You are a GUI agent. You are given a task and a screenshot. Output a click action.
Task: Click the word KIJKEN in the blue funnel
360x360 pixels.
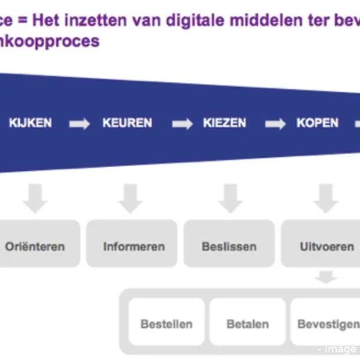point(30,123)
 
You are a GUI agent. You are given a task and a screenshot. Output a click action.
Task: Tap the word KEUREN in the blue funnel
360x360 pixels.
point(127,123)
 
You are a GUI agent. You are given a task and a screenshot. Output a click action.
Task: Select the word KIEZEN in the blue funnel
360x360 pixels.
point(225,123)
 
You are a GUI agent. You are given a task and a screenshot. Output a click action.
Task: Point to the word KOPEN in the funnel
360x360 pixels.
point(318,123)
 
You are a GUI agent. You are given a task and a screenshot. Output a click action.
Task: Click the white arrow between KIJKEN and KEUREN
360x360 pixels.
point(79,124)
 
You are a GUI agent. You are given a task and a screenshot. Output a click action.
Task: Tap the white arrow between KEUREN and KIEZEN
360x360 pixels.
point(182,124)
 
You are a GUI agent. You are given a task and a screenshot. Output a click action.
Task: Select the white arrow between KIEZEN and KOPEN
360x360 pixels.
point(275,124)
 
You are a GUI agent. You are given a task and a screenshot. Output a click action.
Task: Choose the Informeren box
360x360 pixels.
point(132,246)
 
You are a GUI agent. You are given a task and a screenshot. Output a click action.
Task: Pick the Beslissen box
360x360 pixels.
point(229,246)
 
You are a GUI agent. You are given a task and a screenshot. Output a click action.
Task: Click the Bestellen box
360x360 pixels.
point(167,323)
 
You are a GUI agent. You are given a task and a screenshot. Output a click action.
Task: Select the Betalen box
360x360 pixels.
point(247,323)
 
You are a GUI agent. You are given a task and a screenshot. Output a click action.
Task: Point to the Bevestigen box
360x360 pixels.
point(326,323)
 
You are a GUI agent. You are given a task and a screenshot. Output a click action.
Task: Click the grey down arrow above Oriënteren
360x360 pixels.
point(35,198)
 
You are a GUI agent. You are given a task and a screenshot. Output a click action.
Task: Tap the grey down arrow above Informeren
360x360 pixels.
point(130,198)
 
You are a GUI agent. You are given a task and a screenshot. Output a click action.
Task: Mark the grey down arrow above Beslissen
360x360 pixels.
point(231,198)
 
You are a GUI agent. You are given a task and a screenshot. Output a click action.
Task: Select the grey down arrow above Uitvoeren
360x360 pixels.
point(325,198)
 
